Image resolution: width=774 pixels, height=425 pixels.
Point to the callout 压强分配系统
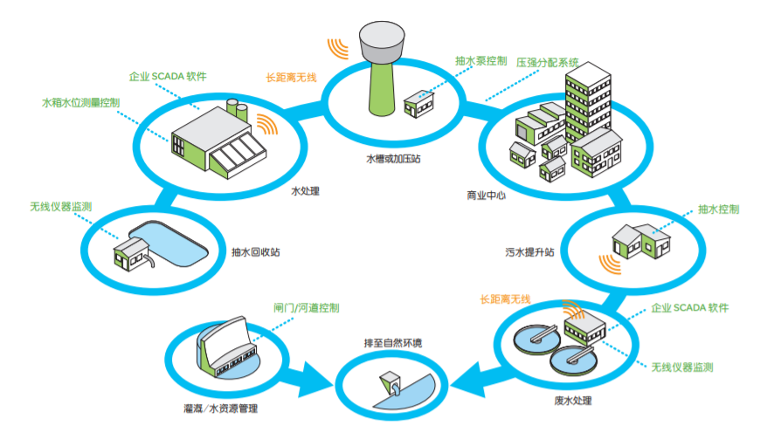[x=548, y=63]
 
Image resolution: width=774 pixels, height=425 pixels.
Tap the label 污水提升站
[x=529, y=252]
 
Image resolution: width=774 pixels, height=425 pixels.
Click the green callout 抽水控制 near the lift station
[x=718, y=209]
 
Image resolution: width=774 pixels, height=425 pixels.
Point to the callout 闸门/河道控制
[x=306, y=309]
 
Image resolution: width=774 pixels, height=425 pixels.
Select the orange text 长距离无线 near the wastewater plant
[x=504, y=299]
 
